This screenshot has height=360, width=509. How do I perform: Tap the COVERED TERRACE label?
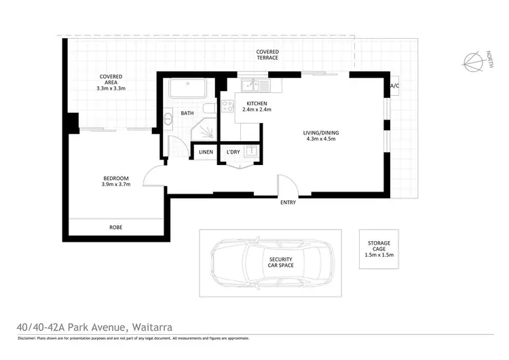pos(267,56)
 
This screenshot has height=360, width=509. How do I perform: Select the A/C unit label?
pos(395,86)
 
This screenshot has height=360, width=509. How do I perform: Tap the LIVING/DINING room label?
pos(321,136)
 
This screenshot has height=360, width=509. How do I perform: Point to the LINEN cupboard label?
pos(206,152)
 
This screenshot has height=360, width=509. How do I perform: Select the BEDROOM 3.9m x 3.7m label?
pos(116,181)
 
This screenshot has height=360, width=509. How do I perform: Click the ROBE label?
pos(116,228)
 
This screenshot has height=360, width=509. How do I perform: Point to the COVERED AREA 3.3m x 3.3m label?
pos(111,82)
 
